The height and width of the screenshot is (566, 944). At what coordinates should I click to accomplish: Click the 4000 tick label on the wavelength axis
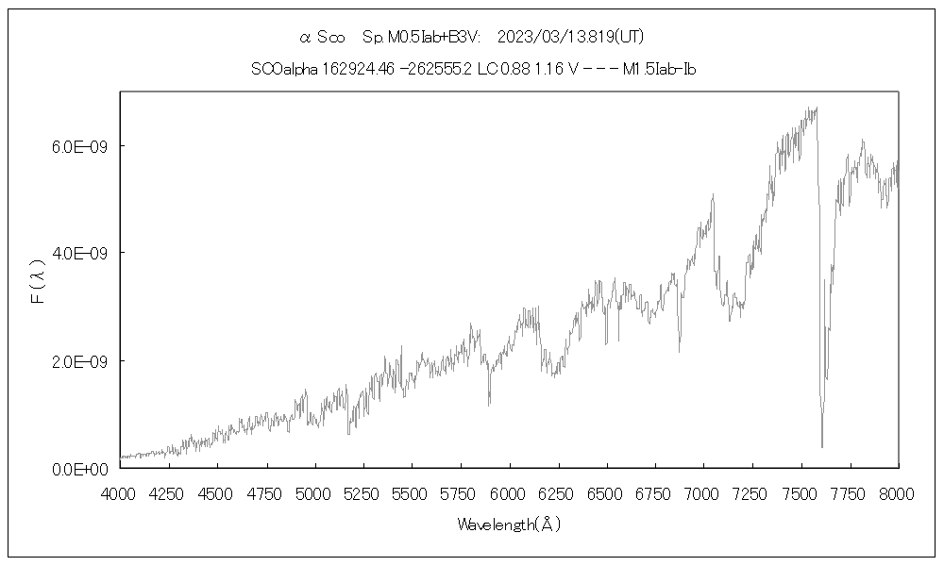pos(120,492)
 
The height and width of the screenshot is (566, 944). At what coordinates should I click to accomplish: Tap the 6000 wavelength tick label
pos(509,492)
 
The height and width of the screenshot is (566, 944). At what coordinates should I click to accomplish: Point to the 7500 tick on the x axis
pos(801,492)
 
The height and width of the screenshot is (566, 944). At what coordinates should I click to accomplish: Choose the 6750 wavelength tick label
pos(655,492)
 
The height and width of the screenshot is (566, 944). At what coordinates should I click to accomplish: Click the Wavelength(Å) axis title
pos(509,524)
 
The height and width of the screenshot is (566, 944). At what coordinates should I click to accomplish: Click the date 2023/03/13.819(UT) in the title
pos(570,37)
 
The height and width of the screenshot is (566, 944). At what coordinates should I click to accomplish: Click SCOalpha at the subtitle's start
pos(284,69)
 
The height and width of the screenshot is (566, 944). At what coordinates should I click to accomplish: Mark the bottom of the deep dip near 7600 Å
pos(821,446)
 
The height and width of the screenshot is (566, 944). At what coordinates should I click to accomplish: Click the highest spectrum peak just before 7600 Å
pos(815,108)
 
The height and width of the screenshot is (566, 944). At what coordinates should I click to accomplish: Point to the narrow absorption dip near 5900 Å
pos(489,404)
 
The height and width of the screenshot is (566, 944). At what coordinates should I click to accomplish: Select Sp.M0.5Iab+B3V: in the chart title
pos(421,37)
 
